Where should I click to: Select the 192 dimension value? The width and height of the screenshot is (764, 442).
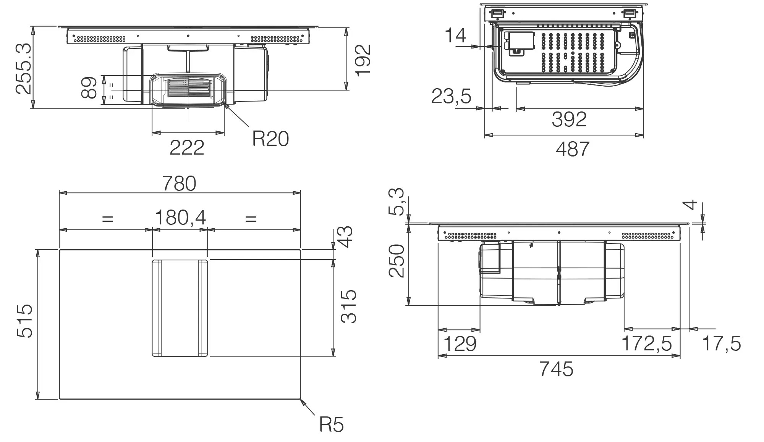tap(362, 60)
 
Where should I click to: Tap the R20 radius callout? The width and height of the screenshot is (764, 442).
tap(270, 139)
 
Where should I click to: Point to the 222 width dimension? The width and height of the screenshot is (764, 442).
tap(187, 147)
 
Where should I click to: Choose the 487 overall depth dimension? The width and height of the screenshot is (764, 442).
tap(572, 149)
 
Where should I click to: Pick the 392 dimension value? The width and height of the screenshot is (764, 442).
tap(569, 119)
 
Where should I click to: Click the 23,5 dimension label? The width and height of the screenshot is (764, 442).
tap(451, 96)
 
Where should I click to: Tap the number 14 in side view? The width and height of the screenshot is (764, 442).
tap(455, 35)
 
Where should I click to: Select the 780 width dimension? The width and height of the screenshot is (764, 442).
tap(179, 184)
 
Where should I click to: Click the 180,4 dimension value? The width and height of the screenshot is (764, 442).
tap(180, 218)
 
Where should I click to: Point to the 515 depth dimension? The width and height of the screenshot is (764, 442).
tap(24, 321)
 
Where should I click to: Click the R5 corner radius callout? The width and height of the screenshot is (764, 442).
tap(331, 424)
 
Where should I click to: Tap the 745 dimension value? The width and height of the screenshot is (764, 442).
tap(556, 369)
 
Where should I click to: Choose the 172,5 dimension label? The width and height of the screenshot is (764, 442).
tap(646, 344)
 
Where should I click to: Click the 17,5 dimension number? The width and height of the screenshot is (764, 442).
tap(721, 344)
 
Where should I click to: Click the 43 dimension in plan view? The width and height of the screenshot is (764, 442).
tap(346, 237)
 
